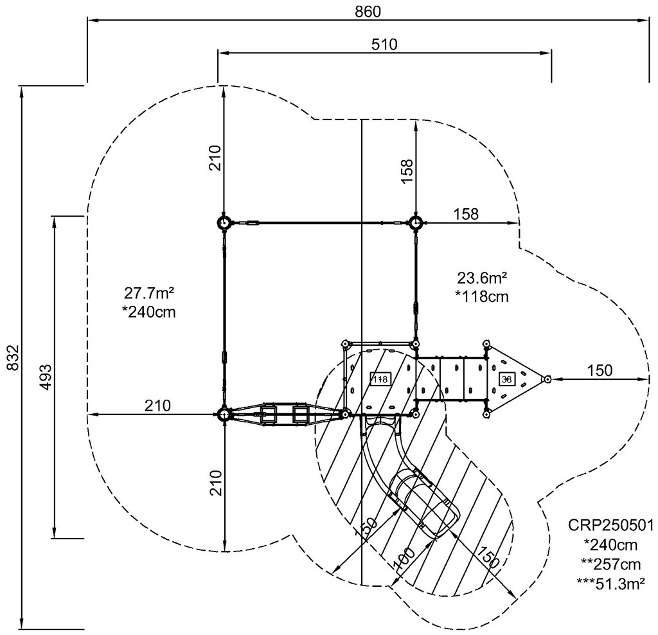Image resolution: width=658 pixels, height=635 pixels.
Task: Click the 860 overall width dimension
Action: [x=368, y=11]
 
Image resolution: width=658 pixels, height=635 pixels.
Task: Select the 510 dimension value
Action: [x=385, y=44]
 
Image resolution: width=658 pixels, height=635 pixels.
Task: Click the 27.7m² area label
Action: [x=150, y=294]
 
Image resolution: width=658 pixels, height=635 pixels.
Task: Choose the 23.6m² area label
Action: [x=483, y=278]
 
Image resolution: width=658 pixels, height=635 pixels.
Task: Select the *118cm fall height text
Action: [x=482, y=296]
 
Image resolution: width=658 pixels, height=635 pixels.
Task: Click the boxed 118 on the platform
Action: [x=380, y=379]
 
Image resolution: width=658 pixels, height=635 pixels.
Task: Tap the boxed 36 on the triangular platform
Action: [x=506, y=379]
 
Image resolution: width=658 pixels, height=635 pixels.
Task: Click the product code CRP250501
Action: [x=610, y=526]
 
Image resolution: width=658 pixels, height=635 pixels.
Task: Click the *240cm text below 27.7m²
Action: [x=150, y=312]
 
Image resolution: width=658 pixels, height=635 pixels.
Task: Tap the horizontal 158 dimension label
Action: [x=466, y=214]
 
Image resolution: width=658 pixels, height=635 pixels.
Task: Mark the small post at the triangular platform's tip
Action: [x=547, y=379]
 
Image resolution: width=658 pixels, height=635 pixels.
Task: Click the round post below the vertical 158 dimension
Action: [x=416, y=223]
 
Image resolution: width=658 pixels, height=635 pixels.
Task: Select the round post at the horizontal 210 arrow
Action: [x=224, y=415]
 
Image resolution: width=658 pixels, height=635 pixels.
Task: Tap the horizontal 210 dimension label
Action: [x=157, y=406]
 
